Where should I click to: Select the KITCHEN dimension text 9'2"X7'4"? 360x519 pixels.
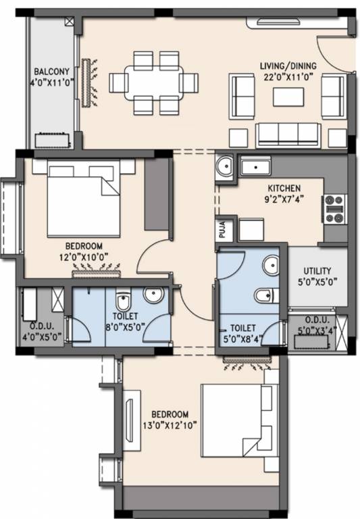[x=284, y=200]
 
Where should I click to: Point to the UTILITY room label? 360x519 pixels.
[x=317, y=270]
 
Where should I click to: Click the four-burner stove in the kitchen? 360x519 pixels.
[x=335, y=209]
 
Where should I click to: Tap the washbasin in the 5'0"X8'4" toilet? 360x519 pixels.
[x=272, y=266]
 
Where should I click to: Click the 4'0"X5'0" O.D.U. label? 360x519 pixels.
[x=41, y=328]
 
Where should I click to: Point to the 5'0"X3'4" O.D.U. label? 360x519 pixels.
[x=317, y=324]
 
